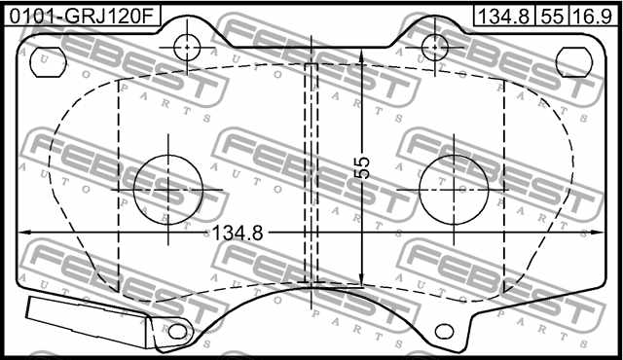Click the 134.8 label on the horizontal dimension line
pyautogui.click(x=238, y=233)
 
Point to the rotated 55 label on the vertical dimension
pyautogui.click(x=362, y=166)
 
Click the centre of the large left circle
pyautogui.click(x=168, y=188)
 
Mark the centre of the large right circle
pyautogui.click(x=454, y=188)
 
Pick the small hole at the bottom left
pyautogui.click(x=177, y=332)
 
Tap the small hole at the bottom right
pyautogui.click(x=447, y=332)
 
